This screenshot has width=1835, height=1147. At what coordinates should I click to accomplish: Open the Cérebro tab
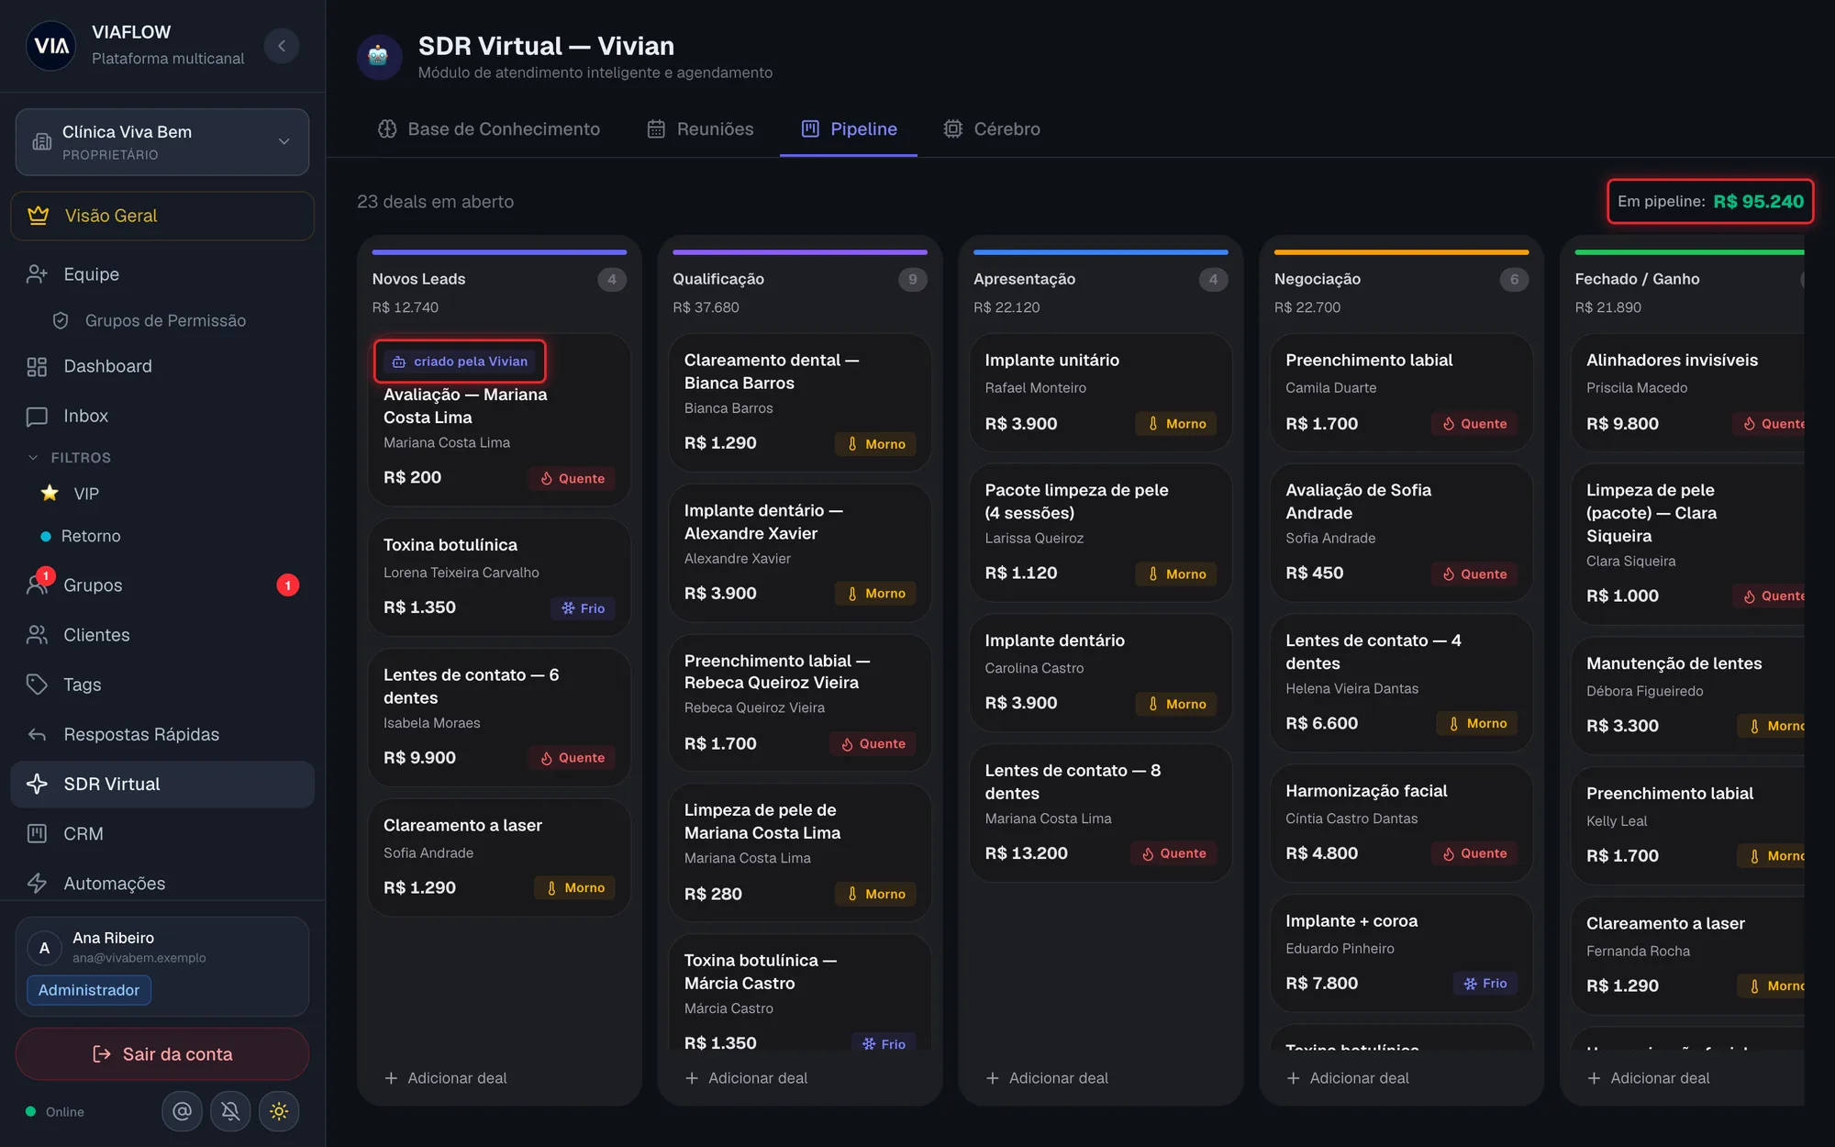992,129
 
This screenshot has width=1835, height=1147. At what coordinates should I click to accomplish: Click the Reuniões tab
700,129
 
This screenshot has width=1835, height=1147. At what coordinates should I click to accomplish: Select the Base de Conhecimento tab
488,129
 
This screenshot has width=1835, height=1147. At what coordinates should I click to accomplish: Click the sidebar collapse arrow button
282,46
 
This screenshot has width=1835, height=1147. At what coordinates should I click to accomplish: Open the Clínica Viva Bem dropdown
162,142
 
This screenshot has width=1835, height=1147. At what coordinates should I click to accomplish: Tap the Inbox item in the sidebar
85,416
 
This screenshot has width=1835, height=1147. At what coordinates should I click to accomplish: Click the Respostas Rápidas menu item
141,734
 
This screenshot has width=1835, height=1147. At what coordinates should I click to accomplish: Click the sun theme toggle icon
279,1111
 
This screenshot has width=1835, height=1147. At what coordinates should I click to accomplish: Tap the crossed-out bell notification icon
230,1111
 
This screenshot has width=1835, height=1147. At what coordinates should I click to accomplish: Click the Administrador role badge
89,990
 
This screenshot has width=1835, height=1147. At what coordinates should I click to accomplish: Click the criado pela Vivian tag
460,362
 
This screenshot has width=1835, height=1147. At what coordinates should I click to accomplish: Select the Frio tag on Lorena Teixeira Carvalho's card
583,608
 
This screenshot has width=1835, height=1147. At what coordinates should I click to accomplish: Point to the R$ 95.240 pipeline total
1758,202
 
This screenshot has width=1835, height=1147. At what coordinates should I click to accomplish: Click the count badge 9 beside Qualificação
912,279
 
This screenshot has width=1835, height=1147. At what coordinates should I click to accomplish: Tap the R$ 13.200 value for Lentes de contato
1026,853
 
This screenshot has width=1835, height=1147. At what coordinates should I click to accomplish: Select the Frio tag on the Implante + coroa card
1485,984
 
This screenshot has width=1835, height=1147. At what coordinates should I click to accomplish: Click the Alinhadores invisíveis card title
1672,361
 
